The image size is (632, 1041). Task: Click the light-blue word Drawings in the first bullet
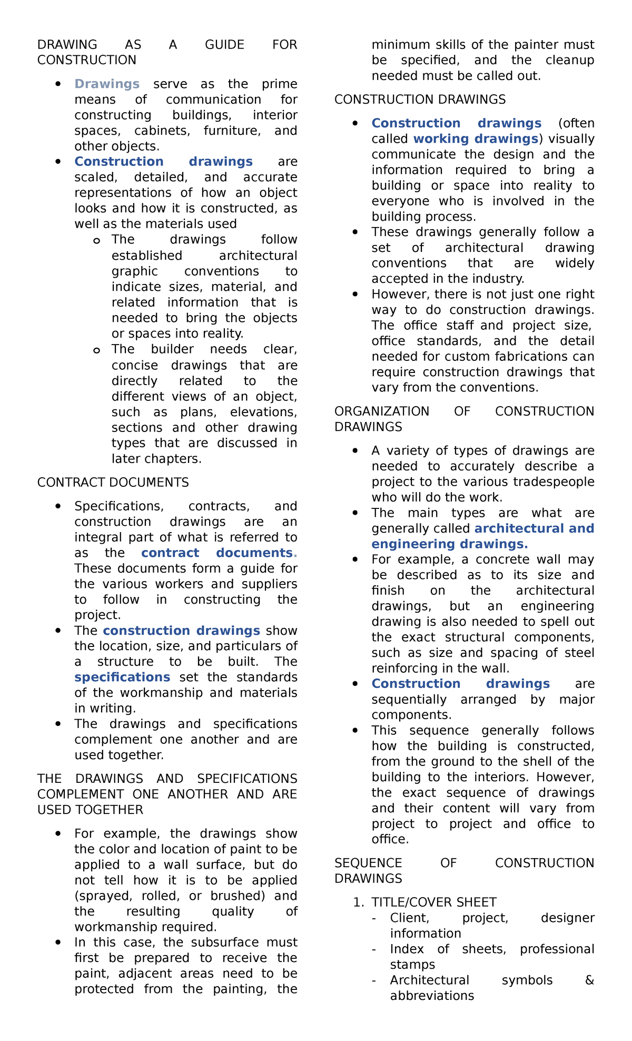tap(107, 84)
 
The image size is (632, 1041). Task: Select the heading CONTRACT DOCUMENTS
tap(113, 483)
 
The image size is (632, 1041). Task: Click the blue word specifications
tap(122, 677)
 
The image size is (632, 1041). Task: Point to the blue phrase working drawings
tap(475, 139)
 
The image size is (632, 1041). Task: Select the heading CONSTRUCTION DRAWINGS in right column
tap(420, 100)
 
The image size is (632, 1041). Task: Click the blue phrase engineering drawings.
tap(449, 544)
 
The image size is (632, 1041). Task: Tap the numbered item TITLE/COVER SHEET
tap(433, 902)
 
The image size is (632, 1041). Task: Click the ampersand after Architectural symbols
tap(589, 980)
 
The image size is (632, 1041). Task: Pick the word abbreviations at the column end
tap(432, 996)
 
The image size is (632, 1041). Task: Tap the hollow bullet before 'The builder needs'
tap(96, 350)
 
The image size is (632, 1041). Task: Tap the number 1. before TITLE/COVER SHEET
tap(358, 902)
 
